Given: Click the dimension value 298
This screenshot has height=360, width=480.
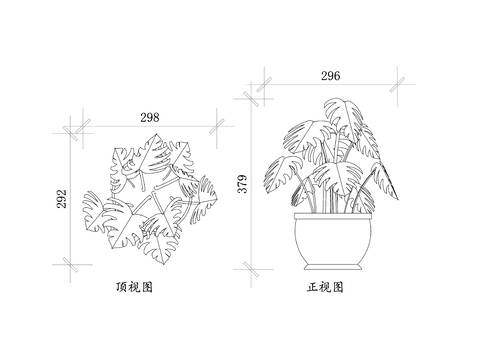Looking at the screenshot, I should pyautogui.click(x=149, y=117).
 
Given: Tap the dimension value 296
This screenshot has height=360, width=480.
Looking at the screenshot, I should pyautogui.click(x=330, y=76).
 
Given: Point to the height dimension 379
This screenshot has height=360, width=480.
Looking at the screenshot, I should pyautogui.click(x=240, y=185).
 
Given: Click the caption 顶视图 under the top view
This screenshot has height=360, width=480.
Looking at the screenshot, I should pyautogui.click(x=134, y=287).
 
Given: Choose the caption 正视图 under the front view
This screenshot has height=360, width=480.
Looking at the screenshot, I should pyautogui.click(x=325, y=287).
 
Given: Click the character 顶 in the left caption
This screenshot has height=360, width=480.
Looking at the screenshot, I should pyautogui.click(x=122, y=287).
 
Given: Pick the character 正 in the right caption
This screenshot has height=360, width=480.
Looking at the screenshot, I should pyautogui.click(x=313, y=287).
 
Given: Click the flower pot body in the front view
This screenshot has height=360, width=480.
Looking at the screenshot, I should pyautogui.click(x=334, y=241).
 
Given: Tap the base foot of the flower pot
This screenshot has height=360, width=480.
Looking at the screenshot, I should pyautogui.click(x=334, y=267).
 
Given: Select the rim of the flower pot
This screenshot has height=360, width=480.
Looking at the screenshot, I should pyautogui.click(x=334, y=215).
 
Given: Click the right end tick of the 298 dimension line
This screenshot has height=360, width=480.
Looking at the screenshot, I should pyautogui.click(x=219, y=127).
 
